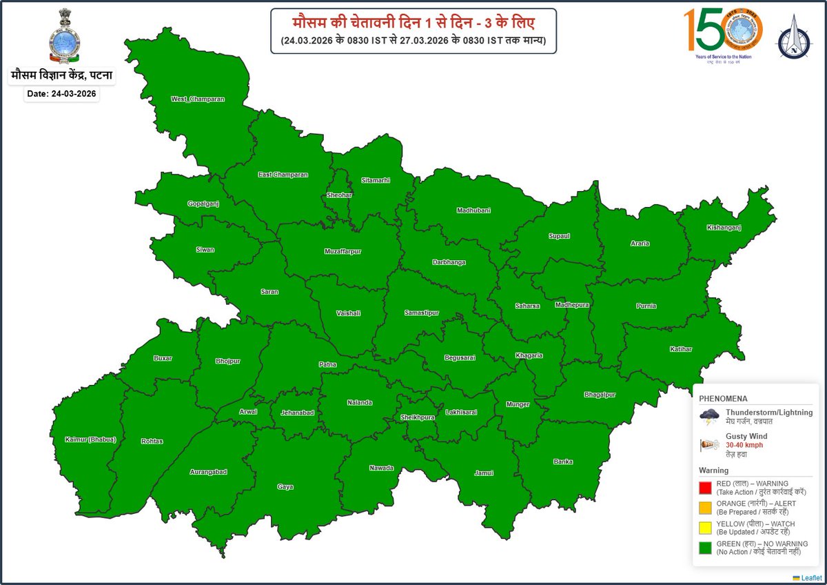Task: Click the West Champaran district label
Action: click(198, 99)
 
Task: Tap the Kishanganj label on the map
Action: click(724, 228)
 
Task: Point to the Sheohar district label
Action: click(339, 195)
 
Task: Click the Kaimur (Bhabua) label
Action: click(90, 439)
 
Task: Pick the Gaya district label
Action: click(285, 487)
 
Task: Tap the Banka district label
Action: click(563, 462)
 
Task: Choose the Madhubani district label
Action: click(473, 210)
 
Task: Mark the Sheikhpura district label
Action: click(418, 417)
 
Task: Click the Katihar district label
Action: click(680, 349)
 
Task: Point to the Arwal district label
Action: click(247, 412)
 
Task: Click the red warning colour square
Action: click(705, 488)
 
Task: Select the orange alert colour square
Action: click(705, 508)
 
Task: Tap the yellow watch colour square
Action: click(705, 528)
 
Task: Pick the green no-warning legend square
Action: click(705, 548)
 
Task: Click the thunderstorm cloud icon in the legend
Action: click(709, 415)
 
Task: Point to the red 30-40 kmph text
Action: click(744, 445)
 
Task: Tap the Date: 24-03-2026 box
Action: click(61, 95)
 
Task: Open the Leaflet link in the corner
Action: click(807, 577)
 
